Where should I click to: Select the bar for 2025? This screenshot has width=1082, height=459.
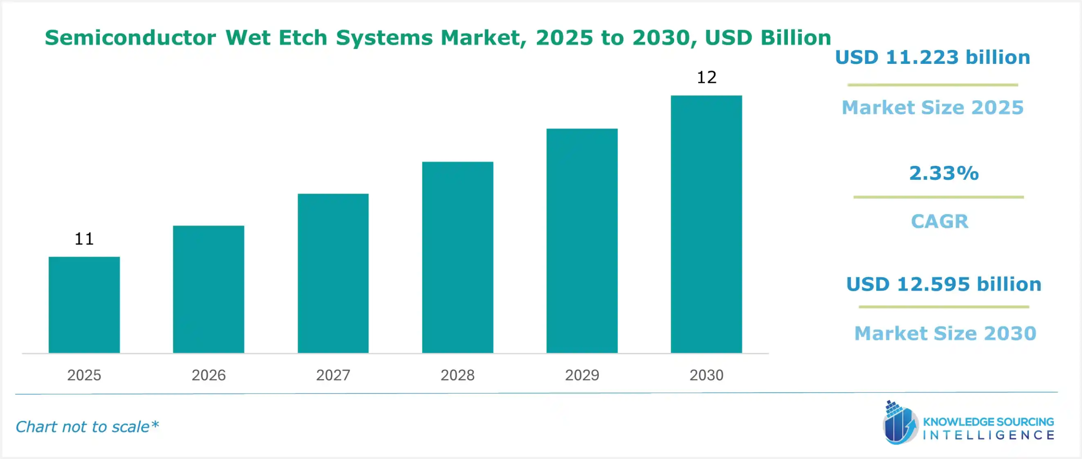(84, 305)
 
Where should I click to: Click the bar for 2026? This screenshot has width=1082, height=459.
(208, 289)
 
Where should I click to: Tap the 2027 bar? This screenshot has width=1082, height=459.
(333, 273)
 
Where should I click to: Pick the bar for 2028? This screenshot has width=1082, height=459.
(457, 257)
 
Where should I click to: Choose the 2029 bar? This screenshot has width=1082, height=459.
(582, 241)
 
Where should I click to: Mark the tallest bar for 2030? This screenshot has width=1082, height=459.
(706, 224)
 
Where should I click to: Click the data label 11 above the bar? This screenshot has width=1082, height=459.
(84, 239)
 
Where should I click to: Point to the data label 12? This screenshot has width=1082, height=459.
(707, 77)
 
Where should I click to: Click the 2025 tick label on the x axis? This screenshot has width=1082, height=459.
(84, 375)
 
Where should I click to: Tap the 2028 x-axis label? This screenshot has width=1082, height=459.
(457, 375)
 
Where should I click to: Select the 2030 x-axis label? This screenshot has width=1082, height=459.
(706, 375)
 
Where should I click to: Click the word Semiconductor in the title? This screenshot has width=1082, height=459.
(130, 38)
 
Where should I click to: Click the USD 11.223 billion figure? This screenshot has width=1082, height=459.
(932, 58)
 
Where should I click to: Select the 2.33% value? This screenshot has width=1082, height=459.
(944, 173)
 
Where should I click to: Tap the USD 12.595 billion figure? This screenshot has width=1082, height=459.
(943, 284)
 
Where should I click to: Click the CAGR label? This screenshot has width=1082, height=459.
(940, 221)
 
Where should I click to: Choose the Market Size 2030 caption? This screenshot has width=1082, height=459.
(945, 333)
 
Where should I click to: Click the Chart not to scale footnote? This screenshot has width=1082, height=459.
(87, 427)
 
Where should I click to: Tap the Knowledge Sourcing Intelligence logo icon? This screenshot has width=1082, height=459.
(900, 423)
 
